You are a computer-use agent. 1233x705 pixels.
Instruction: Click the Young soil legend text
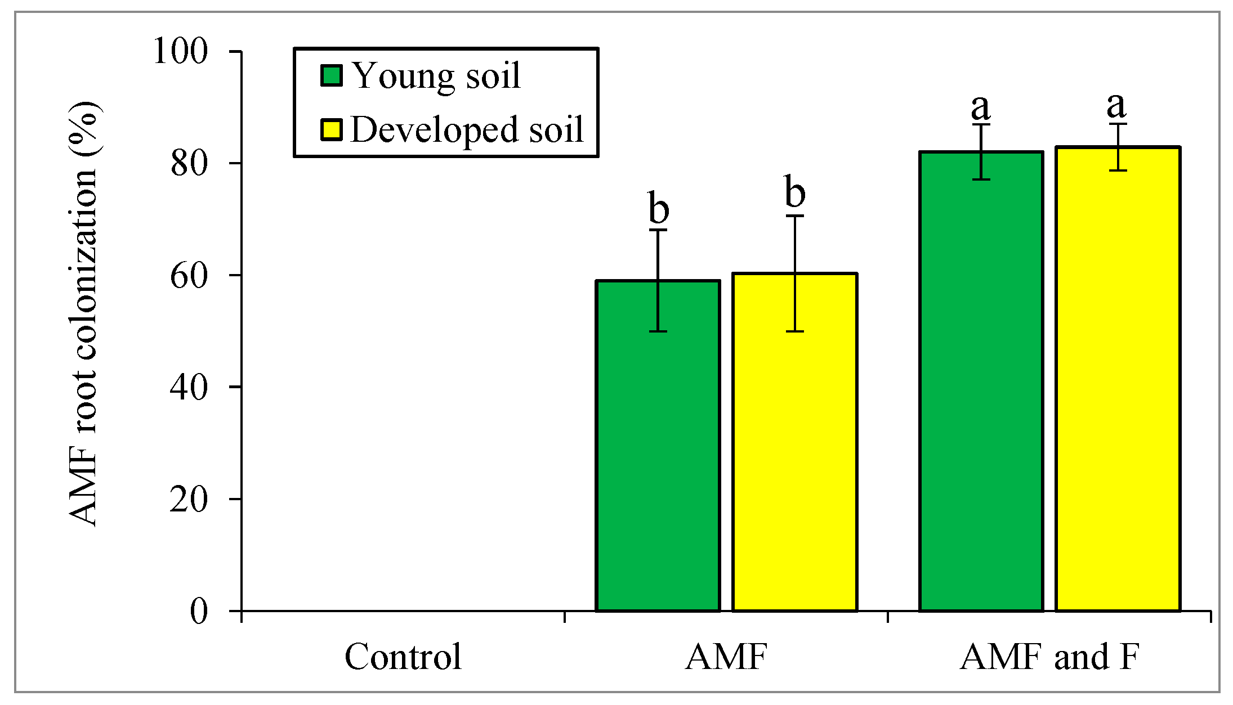click(436, 76)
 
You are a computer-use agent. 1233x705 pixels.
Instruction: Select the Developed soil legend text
click(467, 129)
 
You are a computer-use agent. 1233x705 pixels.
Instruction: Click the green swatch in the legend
click(332, 75)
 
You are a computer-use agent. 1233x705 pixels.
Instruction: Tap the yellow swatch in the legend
click(332, 129)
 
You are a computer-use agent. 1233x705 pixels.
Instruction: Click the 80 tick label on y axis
click(189, 164)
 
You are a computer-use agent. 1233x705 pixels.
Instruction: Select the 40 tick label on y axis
click(189, 388)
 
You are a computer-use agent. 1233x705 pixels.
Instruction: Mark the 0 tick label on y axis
click(199, 611)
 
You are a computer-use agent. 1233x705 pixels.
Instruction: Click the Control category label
click(403, 657)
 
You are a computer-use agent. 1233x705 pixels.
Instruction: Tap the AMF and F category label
click(1049, 657)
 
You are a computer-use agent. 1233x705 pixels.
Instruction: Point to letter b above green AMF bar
click(658, 208)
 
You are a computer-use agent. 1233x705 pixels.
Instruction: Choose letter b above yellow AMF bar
click(794, 192)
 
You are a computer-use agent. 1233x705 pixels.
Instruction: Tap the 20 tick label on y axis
click(189, 499)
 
